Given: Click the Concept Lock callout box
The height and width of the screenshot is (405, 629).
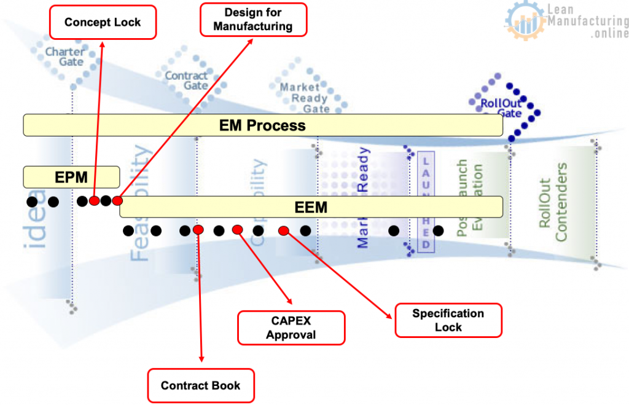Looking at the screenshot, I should [103, 23].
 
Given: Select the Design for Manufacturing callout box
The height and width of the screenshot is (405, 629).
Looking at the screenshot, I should [253, 20].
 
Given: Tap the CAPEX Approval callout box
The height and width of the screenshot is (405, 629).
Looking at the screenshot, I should [291, 328].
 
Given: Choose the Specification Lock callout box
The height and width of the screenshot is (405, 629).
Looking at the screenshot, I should [448, 320].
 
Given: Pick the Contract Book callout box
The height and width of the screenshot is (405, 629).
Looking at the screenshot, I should [201, 386].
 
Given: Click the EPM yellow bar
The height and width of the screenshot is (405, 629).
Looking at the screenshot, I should [71, 178].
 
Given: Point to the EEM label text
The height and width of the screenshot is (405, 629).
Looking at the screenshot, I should [311, 207].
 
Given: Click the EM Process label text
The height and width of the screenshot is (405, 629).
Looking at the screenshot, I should [262, 125].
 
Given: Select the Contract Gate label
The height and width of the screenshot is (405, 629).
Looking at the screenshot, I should [186, 81].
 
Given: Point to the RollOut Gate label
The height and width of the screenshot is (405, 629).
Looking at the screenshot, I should [501, 108].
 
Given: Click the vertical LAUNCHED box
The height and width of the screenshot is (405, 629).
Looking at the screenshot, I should [426, 201].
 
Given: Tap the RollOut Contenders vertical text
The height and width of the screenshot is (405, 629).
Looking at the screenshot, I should [552, 202].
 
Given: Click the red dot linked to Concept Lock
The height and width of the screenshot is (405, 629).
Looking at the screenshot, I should [94, 201].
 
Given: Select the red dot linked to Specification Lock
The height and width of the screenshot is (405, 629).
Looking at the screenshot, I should [283, 231].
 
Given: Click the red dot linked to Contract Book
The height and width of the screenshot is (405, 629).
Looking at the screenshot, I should [198, 230].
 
